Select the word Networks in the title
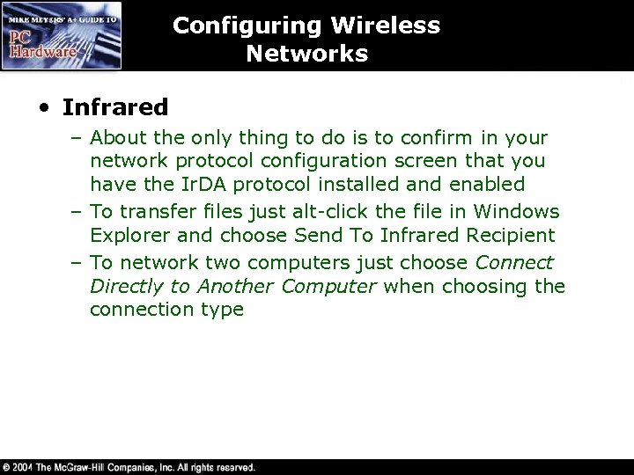tap(307, 54)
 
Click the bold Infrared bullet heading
tap(114, 107)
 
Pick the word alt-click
tap(331, 212)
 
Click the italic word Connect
tap(514, 263)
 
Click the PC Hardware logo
tap(62, 35)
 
